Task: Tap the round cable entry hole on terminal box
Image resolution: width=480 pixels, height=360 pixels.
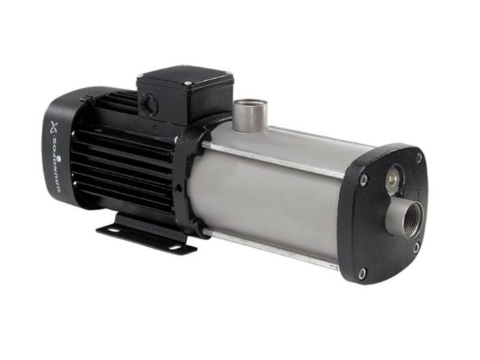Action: tap(149, 105)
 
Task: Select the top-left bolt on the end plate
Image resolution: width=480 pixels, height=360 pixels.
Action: tap(364, 180)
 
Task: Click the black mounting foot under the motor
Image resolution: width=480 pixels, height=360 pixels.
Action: tap(147, 233)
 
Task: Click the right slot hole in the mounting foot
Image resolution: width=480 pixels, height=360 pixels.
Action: tap(185, 245)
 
